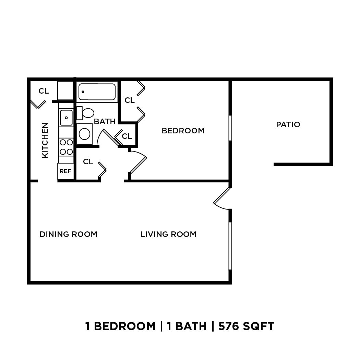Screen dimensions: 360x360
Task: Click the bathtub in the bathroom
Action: (97, 92)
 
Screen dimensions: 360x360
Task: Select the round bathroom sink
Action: (84, 134)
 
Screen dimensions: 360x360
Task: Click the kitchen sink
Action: (66, 118)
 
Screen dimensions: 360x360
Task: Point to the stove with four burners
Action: (66, 147)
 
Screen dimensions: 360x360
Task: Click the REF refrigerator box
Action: (65, 171)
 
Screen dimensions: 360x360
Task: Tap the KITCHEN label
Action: (45, 140)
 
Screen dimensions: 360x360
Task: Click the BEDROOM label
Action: (183, 131)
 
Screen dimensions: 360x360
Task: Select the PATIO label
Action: (288, 124)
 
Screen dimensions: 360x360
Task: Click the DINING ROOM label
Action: (68, 234)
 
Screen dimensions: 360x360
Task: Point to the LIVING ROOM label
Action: (168, 234)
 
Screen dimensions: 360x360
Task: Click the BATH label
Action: (105, 121)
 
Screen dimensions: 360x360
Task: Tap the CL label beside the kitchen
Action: (44, 91)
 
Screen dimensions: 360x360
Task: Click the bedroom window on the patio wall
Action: (230, 128)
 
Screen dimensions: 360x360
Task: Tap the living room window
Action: (230, 245)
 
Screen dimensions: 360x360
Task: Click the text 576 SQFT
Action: (246, 326)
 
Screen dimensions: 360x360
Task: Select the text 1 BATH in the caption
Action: (187, 326)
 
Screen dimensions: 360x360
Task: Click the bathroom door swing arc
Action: (99, 137)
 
